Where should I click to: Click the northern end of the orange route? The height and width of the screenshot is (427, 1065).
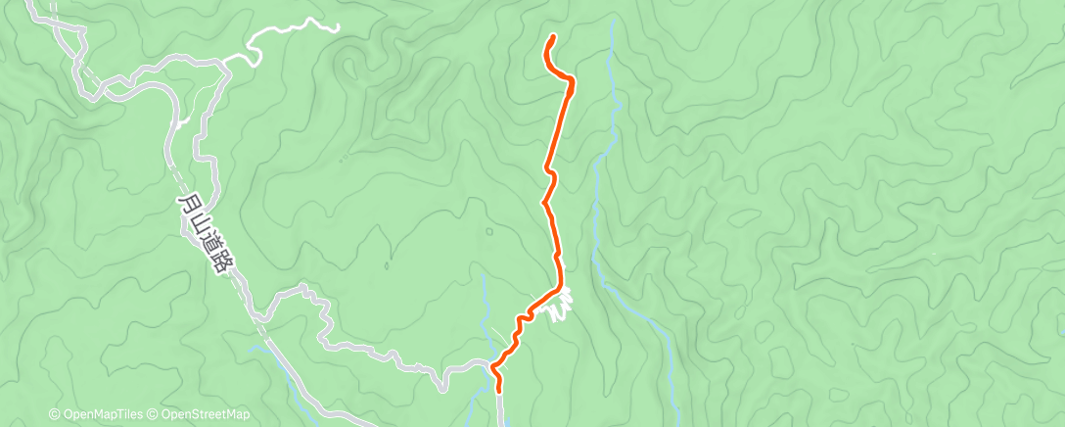(x=554, y=37)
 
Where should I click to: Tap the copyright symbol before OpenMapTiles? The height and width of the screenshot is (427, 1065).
(x=55, y=415)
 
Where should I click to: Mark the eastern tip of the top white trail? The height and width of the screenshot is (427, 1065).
(x=339, y=28)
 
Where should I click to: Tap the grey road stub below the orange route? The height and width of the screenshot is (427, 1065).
(x=500, y=402)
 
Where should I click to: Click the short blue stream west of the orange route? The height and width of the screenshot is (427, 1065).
(x=486, y=294)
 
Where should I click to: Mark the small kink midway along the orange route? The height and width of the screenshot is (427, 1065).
(x=551, y=176)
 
